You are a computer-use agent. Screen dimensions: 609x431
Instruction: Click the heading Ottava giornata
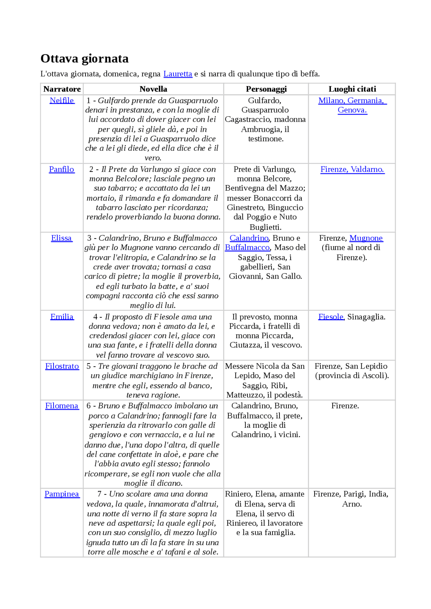(x=85, y=59)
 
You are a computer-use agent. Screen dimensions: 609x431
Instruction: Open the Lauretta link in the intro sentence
(x=177, y=74)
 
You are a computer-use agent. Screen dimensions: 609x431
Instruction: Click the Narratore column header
(x=62, y=89)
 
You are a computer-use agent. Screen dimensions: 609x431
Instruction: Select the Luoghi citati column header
(x=352, y=89)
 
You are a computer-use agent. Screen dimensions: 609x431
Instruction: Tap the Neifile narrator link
(x=62, y=100)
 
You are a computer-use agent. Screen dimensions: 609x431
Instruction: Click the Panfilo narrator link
(x=61, y=169)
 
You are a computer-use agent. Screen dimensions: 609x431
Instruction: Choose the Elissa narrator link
(x=61, y=238)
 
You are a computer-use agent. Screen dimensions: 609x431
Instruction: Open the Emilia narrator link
(x=62, y=317)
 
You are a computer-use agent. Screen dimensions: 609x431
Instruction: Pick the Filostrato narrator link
(x=62, y=366)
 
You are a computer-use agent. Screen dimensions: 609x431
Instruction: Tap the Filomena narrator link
(x=62, y=406)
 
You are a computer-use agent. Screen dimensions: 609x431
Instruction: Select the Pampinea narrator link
(x=62, y=494)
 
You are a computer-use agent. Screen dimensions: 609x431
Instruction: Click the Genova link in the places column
(x=352, y=110)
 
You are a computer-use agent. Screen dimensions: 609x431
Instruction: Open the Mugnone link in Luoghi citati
(x=366, y=238)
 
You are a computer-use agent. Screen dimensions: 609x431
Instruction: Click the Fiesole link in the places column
(x=331, y=317)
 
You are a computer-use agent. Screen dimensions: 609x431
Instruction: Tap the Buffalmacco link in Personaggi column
(x=247, y=248)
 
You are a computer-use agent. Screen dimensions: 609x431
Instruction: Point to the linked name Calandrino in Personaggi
(x=249, y=238)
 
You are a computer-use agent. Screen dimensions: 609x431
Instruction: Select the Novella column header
(x=153, y=89)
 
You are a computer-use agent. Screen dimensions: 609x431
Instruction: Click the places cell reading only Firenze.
(x=345, y=406)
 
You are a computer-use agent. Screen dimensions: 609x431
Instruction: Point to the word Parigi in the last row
(x=355, y=494)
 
